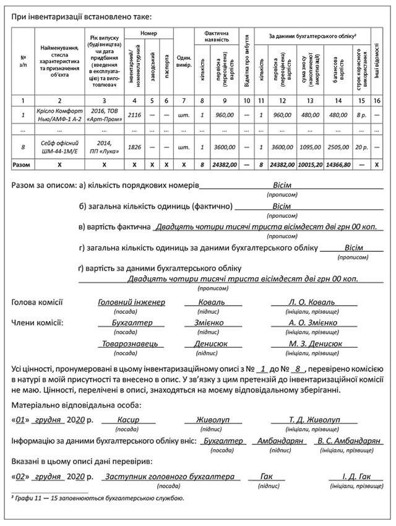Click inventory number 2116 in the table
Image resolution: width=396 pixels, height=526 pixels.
pos(134,114)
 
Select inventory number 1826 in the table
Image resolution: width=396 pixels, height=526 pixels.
pos(134,147)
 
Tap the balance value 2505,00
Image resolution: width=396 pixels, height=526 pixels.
pos(338,147)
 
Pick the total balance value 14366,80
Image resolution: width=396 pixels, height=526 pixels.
pos(338,165)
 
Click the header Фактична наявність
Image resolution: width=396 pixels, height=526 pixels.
pos(212,35)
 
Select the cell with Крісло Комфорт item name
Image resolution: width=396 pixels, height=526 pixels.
pos(59,114)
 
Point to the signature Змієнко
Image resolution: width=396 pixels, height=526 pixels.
pos(212,323)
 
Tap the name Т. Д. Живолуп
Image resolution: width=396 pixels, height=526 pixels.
pos(311,420)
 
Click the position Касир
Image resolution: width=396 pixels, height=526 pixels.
pos(127,420)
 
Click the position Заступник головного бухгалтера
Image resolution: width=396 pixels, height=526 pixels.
pos(170,477)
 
